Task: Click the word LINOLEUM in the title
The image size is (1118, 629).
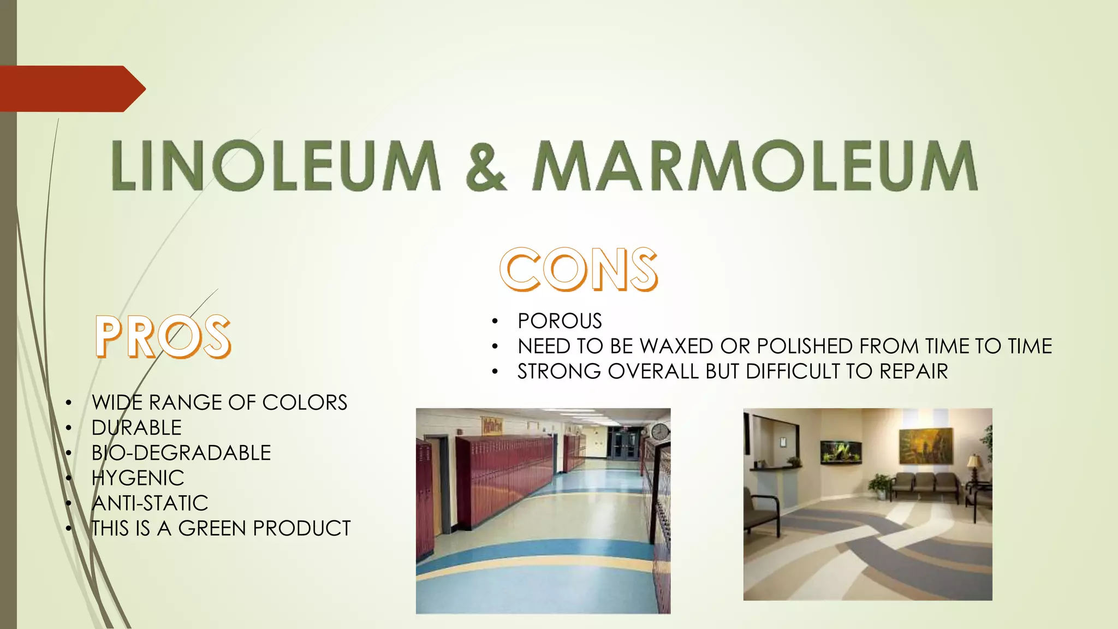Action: tap(276, 165)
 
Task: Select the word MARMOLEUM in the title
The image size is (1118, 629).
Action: tap(755, 165)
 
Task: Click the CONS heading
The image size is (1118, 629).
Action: tap(579, 269)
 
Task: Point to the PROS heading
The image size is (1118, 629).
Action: tap(163, 337)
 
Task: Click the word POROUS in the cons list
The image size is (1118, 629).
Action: tap(560, 321)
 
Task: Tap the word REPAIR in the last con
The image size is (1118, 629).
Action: tap(913, 371)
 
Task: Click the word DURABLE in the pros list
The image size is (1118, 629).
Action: tap(136, 428)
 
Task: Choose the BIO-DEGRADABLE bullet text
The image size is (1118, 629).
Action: tap(181, 453)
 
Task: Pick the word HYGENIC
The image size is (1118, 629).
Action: tap(138, 478)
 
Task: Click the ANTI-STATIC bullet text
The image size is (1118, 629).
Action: tap(150, 503)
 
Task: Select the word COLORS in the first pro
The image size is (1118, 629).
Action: tap(305, 402)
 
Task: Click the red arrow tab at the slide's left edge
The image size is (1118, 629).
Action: tap(71, 88)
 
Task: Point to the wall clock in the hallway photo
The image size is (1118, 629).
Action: tap(660, 432)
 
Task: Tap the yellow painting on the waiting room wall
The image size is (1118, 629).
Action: tap(926, 446)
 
